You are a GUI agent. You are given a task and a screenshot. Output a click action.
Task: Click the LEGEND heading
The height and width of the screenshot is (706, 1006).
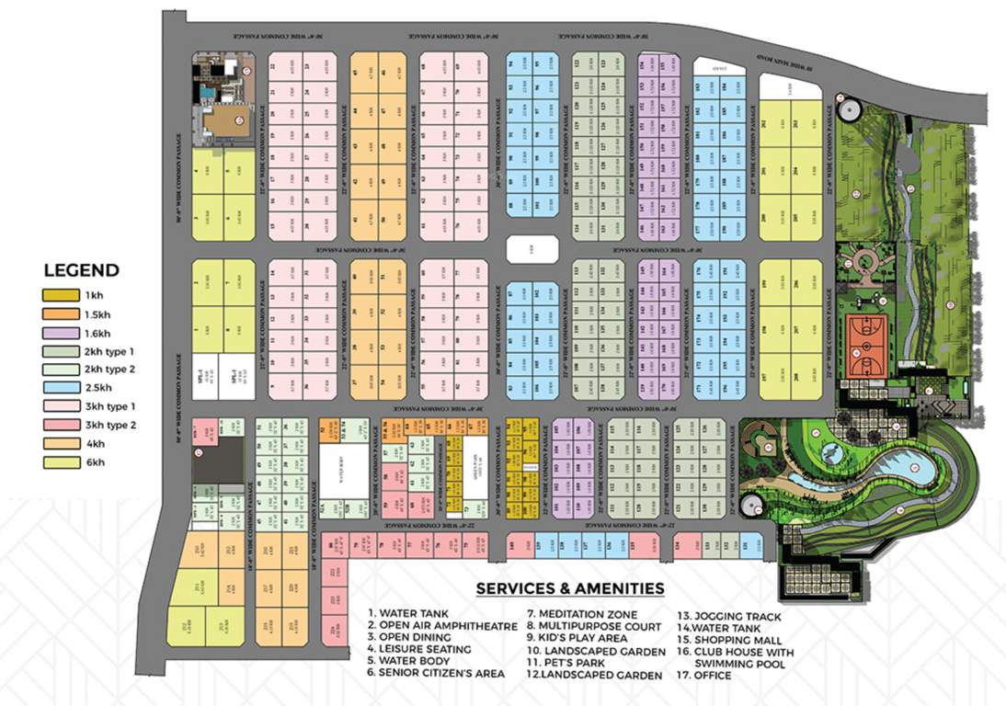point(82,270)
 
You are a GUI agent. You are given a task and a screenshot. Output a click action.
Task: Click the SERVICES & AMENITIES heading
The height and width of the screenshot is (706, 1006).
point(570,588)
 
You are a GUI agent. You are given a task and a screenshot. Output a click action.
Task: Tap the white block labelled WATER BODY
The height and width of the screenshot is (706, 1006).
point(342,468)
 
